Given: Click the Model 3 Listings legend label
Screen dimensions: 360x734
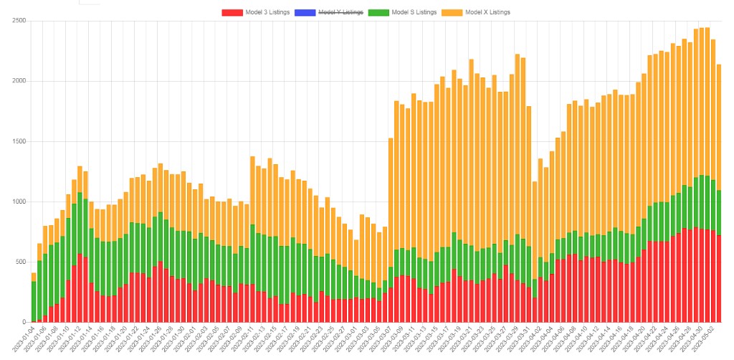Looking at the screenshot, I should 267,12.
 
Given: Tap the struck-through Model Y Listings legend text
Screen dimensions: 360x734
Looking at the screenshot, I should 340,12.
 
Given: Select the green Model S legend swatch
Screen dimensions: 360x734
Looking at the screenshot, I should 377,12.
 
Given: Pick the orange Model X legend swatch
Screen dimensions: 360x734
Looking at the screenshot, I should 451,12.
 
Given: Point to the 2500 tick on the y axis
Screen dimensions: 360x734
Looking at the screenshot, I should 19,21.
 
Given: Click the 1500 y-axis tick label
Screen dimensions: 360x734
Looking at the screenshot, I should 19,141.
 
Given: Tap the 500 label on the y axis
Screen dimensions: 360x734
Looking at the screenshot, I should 21,262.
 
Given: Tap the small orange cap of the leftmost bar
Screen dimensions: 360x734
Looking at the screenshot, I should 34,277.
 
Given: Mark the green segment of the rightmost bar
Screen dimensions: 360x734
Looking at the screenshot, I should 718,212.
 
